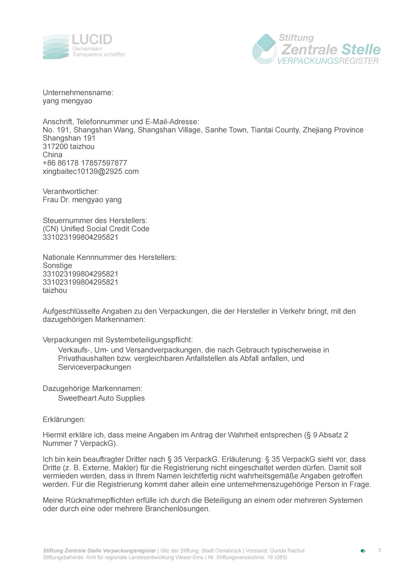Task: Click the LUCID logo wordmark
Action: tap(92, 40)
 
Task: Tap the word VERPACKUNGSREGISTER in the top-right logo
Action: tap(328, 61)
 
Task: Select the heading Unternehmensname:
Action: tap(78, 93)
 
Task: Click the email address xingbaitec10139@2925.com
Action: tap(91, 171)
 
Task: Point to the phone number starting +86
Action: tap(85, 163)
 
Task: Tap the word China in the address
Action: tap(52, 155)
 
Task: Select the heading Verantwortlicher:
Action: tap(71, 192)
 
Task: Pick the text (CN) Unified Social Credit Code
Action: tap(96, 229)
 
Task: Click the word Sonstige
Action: tap(57, 266)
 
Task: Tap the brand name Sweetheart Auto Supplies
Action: tap(101, 398)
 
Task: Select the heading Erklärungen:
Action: tap(64, 420)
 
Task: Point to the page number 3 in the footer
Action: tap(379, 550)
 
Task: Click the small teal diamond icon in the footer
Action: tap(363, 551)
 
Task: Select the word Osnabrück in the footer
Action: tap(228, 551)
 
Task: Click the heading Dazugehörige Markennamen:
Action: tap(93, 388)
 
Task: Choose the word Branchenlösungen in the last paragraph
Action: tap(177, 509)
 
